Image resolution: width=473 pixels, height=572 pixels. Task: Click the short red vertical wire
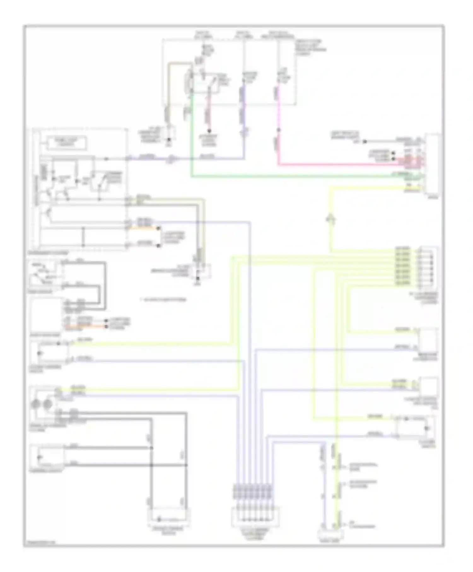[x=208, y=114]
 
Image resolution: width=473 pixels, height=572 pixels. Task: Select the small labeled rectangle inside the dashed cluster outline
[x=67, y=143]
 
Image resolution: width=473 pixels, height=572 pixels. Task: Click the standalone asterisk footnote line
[x=163, y=299]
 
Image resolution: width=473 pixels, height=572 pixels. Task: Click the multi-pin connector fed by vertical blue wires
[x=255, y=517]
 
